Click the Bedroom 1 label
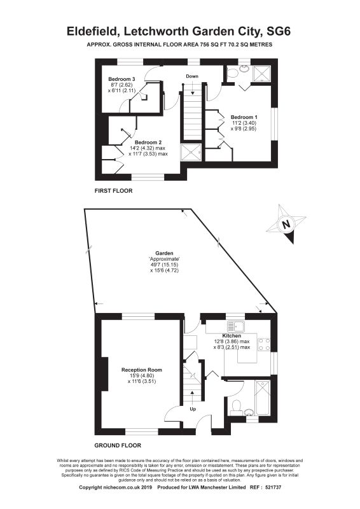tap(244, 117)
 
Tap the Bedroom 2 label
tap(148, 141)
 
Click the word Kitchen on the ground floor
tap(232, 335)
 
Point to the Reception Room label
tap(141, 370)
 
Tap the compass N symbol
tap(286, 224)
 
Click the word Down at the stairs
tap(192, 76)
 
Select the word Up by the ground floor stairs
tap(193, 409)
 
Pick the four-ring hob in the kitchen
tap(264, 344)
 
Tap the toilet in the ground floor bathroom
tap(235, 406)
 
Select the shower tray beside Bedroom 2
tap(191, 152)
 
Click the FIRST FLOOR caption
tap(115, 190)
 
